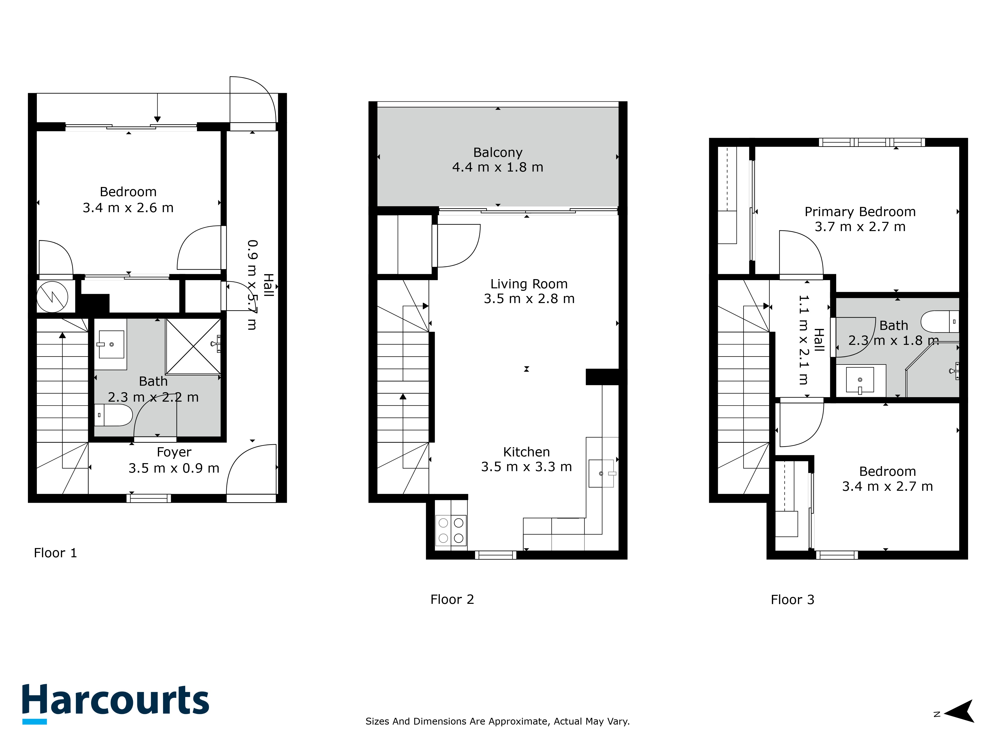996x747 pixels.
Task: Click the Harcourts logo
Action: (116, 704)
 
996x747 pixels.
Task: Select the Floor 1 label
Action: (55, 553)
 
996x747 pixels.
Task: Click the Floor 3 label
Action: (793, 600)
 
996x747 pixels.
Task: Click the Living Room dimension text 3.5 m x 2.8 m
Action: (529, 299)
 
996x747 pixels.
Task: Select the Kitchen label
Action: (526, 452)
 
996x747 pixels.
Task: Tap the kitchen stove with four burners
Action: (451, 530)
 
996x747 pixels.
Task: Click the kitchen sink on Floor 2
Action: (602, 473)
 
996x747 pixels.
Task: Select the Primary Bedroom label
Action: (860, 212)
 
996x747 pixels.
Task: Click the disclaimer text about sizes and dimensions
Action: (498, 721)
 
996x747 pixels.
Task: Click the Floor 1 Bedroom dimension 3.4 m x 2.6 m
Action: (128, 208)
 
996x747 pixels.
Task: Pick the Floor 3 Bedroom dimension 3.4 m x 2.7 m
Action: (887, 486)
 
